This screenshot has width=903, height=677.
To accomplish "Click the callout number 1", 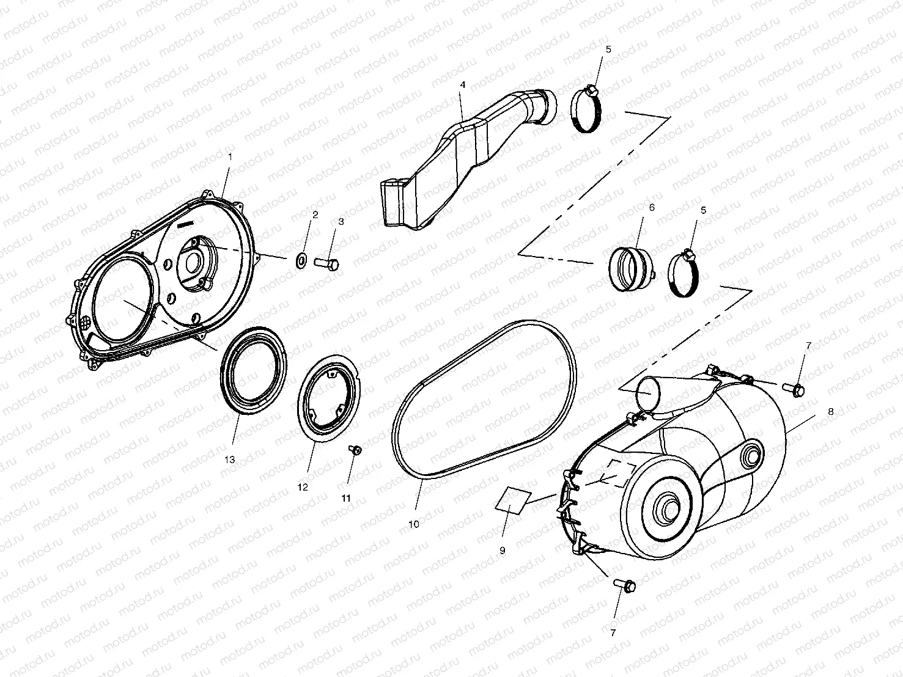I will (230, 157).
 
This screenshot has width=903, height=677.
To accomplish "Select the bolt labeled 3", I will (327, 263).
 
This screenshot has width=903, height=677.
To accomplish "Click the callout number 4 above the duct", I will (463, 86).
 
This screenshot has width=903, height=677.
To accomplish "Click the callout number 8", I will (830, 412).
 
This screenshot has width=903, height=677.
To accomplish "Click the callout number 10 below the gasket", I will (414, 524).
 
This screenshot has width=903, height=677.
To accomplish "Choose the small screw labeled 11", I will (354, 450).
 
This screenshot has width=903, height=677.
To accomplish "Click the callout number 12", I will (303, 487).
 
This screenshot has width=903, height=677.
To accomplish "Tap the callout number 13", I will (230, 460).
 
